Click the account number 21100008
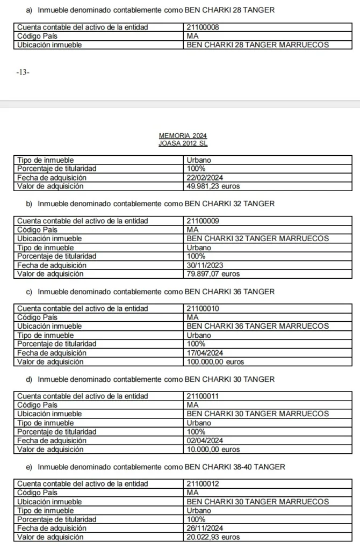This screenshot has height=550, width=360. click(203, 27)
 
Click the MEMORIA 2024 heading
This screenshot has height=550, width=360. click(183, 136)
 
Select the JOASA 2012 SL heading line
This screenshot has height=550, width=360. click(183, 143)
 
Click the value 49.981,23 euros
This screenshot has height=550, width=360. click(213, 186)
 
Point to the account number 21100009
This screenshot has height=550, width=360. click(203, 221)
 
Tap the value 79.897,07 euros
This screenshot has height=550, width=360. click(213, 274)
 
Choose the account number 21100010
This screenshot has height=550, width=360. click(203, 309)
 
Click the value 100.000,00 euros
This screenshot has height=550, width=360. click(215, 362)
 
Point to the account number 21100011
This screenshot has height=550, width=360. click(203, 396)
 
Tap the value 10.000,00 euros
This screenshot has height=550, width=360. click(213, 449)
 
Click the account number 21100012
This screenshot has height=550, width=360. click(203, 484)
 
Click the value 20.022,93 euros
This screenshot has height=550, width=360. click(213, 537)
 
